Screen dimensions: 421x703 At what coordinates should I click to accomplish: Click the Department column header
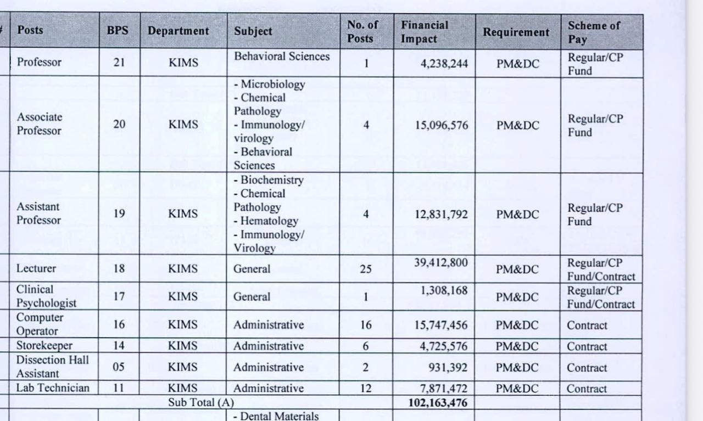pos(178,31)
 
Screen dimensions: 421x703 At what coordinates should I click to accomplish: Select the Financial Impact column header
pos(425,32)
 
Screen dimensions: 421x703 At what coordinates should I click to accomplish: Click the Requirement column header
pos(516,32)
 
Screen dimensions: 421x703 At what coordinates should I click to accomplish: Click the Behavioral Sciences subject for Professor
pos(282,57)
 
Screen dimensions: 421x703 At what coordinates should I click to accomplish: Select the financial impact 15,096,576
pos(442,125)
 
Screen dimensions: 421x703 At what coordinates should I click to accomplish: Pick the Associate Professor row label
pos(40,124)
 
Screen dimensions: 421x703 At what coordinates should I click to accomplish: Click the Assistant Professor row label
pos(39,214)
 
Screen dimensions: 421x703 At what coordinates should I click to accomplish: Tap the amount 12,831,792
pos(442,215)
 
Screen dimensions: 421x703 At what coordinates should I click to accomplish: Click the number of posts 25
pos(366,270)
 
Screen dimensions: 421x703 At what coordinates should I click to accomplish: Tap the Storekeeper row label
pos(44,346)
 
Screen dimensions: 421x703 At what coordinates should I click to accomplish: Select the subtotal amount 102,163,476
pos(438,403)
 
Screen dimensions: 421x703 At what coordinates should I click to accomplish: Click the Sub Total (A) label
pos(200,403)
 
